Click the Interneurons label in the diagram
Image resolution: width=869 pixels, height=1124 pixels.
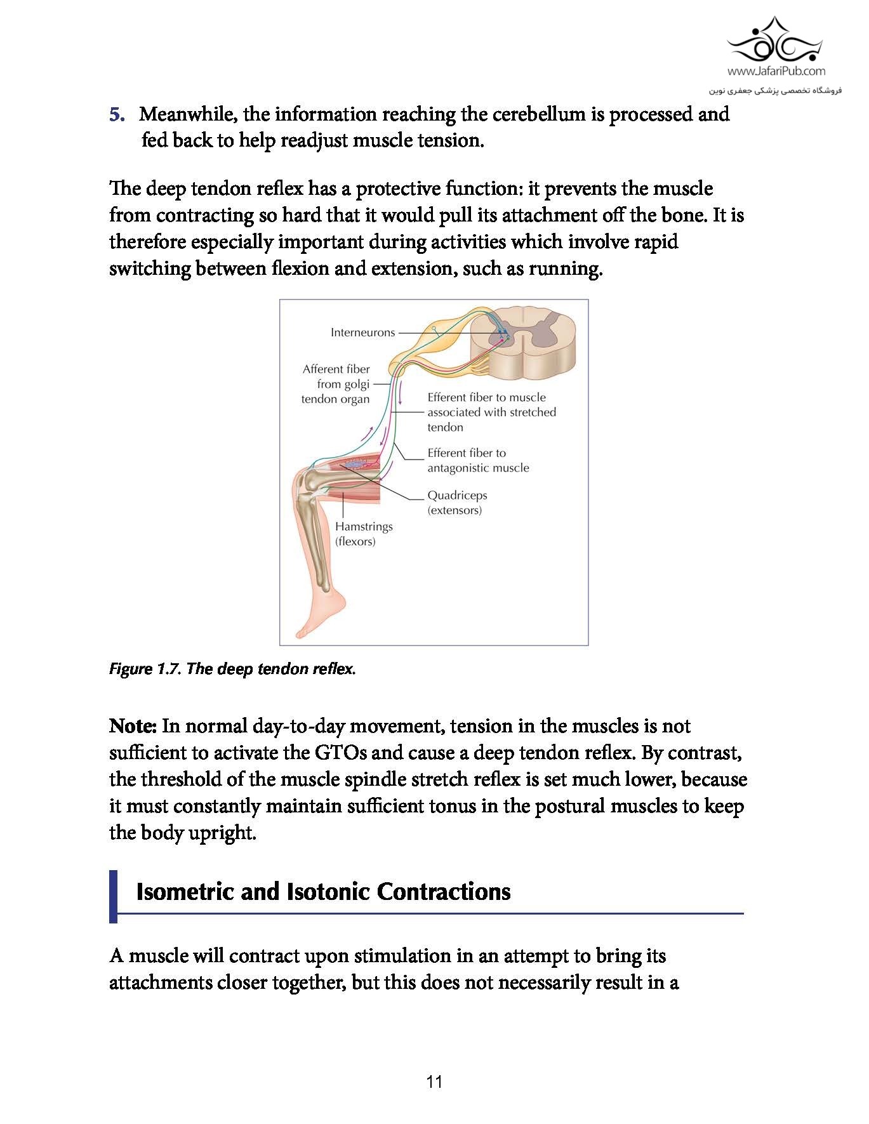362,333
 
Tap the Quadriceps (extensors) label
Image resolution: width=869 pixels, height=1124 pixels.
457,503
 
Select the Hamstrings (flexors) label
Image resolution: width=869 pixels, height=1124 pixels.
364,534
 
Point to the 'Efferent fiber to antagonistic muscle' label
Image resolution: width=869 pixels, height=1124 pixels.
477,460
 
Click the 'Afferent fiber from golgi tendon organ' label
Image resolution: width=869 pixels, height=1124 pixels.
336,384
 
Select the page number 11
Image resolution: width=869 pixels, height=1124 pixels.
434,1081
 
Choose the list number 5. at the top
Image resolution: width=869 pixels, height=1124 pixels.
117,114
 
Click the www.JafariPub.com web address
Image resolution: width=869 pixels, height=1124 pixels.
776,71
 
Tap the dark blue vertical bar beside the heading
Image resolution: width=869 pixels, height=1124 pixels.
114,896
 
